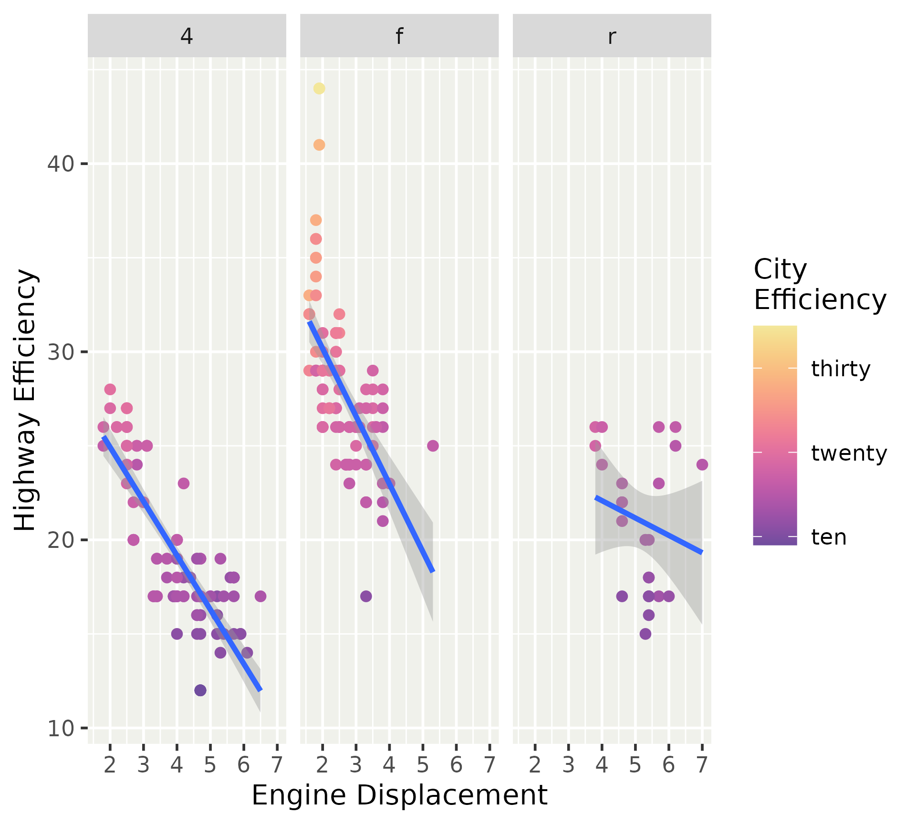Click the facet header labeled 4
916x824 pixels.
pyautogui.click(x=187, y=36)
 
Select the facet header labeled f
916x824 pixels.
pyautogui.click(x=399, y=36)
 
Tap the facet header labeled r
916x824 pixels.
pyautogui.click(x=612, y=36)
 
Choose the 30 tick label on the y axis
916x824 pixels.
pyautogui.click(x=61, y=352)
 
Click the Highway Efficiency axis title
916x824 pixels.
pyautogui.click(x=25, y=400)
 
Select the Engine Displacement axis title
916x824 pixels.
pyautogui.click(x=399, y=795)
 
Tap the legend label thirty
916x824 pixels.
pyautogui.click(x=841, y=369)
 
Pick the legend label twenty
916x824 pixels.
pyautogui.click(x=849, y=453)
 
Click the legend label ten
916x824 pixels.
pyautogui.click(x=829, y=537)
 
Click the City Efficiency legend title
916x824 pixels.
pyautogui.click(x=819, y=285)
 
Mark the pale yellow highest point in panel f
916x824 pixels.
pyautogui.click(x=319, y=88)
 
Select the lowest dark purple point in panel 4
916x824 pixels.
pyautogui.click(x=200, y=690)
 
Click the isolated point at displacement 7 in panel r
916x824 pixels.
pyautogui.click(x=702, y=464)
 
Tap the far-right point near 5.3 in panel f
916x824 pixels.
pyautogui.click(x=433, y=446)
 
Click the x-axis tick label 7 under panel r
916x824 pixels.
pyautogui.click(x=702, y=765)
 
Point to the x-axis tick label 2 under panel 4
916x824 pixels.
pyautogui.click(x=110, y=765)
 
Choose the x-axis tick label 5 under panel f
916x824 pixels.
pyautogui.click(x=423, y=765)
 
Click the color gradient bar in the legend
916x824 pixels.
pyautogui.click(x=775, y=435)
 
